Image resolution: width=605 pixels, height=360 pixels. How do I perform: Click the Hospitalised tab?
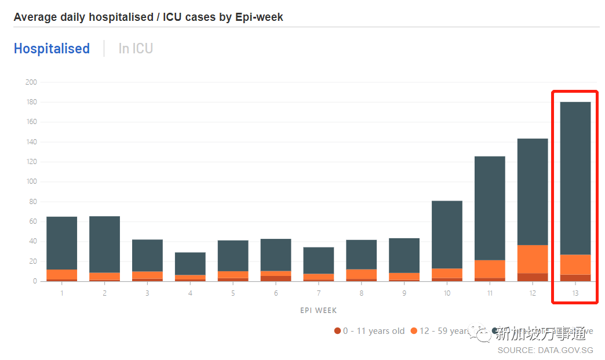coord(52,49)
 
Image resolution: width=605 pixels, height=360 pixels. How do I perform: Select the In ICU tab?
coord(136,49)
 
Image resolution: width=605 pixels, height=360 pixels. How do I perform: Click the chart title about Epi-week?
coord(148,17)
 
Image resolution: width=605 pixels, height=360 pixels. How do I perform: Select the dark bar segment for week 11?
coord(490,208)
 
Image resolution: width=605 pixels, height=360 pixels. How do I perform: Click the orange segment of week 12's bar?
coord(533,259)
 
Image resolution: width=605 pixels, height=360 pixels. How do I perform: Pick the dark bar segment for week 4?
coord(190,263)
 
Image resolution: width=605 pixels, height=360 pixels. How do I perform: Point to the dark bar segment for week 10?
coord(447,234)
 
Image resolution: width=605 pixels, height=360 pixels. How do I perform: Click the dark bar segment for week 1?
coord(61,243)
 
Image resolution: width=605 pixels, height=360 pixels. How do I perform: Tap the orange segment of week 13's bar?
coord(575,264)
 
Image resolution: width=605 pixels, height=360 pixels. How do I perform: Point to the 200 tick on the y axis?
coord(31,82)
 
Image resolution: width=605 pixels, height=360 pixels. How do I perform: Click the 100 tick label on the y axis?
coord(31,182)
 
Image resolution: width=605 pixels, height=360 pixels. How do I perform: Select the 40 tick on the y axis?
coord(33,242)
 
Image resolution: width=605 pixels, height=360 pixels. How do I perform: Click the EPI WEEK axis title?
coord(319,311)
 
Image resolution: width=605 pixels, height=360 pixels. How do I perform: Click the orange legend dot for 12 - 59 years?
coord(414,331)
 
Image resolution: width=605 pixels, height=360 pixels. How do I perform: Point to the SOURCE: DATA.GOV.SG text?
coord(545,350)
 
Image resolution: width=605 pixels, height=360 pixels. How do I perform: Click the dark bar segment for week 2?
coord(104,244)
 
